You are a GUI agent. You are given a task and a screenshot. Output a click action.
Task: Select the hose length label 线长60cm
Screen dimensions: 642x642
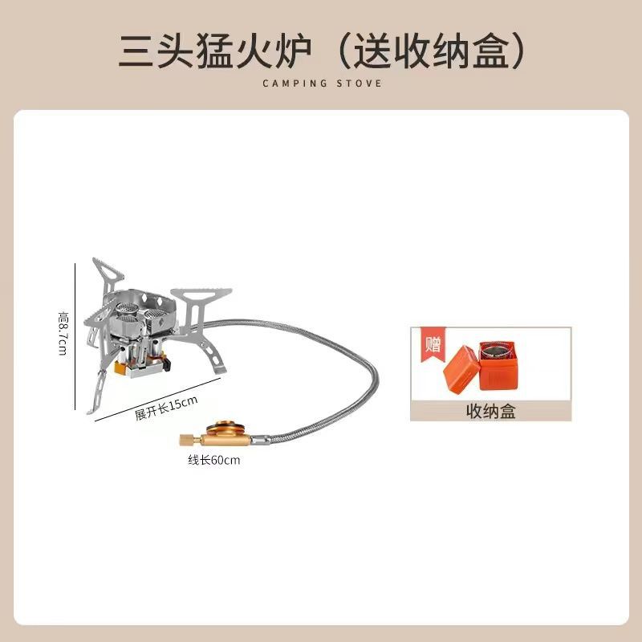point(213,461)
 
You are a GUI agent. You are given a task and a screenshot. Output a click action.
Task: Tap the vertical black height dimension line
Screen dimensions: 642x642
point(75,337)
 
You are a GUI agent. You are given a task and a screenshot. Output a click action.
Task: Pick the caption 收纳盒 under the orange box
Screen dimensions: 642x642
point(490,412)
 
